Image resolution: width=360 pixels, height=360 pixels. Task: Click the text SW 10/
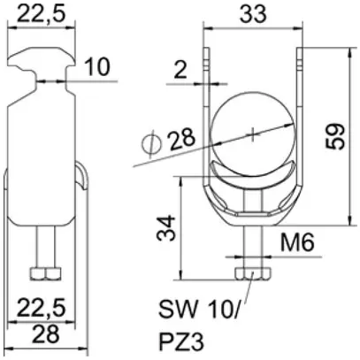point(196,311)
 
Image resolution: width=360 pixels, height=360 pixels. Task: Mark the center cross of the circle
point(253,134)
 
